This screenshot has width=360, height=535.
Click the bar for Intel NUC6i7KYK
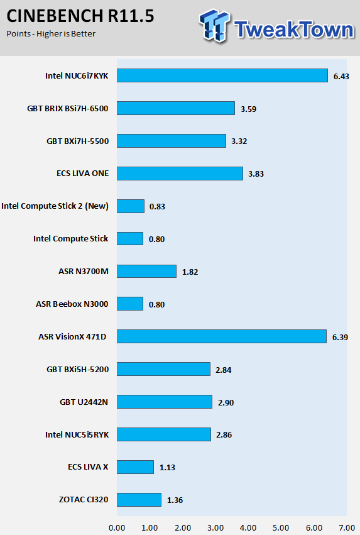(x=222, y=75)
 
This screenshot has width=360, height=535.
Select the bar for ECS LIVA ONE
(x=180, y=174)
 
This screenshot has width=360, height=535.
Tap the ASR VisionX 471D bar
(x=222, y=336)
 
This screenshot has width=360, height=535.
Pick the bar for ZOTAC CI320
(x=139, y=500)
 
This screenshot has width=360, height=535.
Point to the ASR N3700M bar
(x=146, y=271)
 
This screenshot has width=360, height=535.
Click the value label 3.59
(x=249, y=109)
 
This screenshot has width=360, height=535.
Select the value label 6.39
(x=341, y=338)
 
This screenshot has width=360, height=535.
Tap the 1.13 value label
(x=167, y=468)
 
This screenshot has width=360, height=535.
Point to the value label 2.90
(x=226, y=402)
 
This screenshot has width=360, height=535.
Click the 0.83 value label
(x=157, y=207)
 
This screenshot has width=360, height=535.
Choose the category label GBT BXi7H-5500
(x=78, y=141)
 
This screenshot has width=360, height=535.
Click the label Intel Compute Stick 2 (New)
(x=55, y=206)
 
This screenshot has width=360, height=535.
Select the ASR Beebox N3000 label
(x=72, y=304)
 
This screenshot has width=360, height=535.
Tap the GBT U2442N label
(x=84, y=402)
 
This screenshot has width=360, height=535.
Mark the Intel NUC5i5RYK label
(x=77, y=434)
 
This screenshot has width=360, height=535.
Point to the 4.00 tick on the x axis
(x=248, y=528)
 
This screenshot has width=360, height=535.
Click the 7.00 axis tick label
(x=347, y=528)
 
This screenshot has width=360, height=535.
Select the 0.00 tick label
(x=117, y=528)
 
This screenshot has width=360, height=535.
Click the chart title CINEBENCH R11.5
(x=80, y=16)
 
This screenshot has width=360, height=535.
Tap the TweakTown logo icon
(x=214, y=25)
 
